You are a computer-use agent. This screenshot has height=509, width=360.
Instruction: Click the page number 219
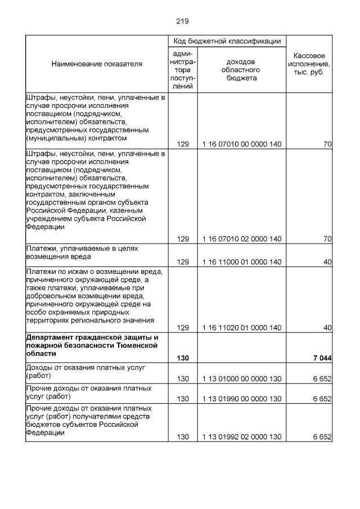(x=182, y=21)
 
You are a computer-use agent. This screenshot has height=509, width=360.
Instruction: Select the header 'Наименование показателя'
(x=97, y=64)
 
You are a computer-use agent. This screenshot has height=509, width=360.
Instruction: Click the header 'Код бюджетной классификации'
(x=227, y=41)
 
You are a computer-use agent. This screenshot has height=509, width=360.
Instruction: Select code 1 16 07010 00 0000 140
(x=242, y=145)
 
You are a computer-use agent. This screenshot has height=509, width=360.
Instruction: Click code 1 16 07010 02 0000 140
(x=242, y=239)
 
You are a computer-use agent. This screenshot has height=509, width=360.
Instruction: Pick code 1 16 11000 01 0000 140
(x=242, y=262)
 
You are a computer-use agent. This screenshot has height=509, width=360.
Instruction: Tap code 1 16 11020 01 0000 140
(x=242, y=327)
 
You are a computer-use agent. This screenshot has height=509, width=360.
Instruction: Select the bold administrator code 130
(x=183, y=358)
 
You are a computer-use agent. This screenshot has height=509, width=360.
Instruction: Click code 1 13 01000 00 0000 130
(x=242, y=380)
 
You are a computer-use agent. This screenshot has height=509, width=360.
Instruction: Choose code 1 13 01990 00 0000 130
(x=242, y=399)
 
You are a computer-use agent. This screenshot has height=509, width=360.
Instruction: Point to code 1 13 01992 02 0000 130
(x=242, y=437)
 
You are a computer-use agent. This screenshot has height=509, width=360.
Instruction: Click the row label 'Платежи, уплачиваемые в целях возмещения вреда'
(x=82, y=251)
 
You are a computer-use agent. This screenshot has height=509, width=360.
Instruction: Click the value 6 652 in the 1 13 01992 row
(x=322, y=437)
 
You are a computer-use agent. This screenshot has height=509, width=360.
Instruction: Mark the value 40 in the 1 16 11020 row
(x=327, y=327)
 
